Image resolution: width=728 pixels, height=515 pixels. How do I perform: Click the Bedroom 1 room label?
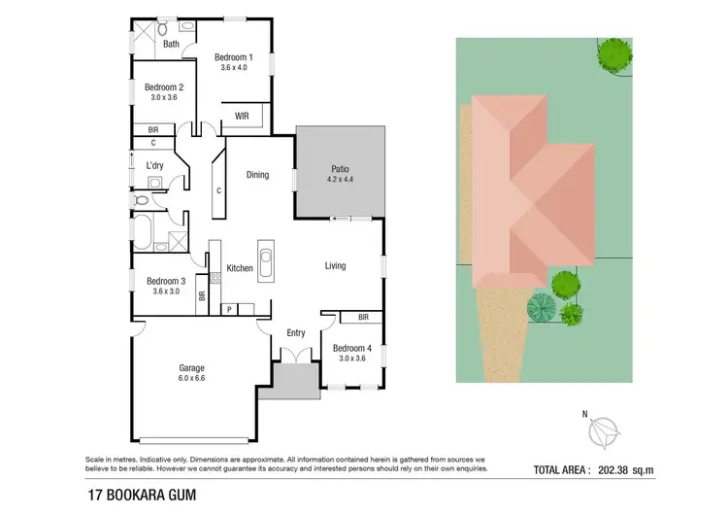234,57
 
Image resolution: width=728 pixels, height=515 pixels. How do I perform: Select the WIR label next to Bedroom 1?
239,117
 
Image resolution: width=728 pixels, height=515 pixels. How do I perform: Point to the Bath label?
171,44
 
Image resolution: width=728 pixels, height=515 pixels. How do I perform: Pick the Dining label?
257,175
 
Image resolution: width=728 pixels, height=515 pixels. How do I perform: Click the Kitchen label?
240,268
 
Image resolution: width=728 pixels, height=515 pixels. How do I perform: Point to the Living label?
335,265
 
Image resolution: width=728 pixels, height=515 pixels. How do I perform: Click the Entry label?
296,333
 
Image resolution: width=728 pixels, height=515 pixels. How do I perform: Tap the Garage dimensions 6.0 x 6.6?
191,379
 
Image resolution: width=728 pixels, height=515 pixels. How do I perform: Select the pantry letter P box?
229,310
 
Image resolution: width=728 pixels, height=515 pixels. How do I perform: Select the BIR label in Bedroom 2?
153,129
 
